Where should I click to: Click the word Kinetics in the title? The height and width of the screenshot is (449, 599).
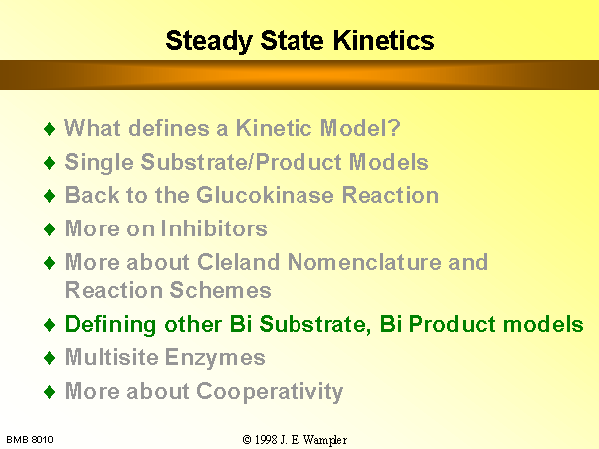tap(384, 40)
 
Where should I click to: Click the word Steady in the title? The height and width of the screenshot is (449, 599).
tap(209, 42)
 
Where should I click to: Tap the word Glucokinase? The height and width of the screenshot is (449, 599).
tap(266, 195)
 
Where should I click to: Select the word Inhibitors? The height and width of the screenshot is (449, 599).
tap(214, 228)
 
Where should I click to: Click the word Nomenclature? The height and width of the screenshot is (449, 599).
tap(364, 262)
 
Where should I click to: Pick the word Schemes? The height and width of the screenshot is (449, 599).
tap(220, 290)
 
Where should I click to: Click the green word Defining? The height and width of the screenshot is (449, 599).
tap(111, 325)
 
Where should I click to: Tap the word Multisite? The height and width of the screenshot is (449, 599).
tap(112, 357)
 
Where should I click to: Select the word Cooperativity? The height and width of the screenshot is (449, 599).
tap(270, 392)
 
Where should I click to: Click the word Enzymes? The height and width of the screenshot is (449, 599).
tap(215, 359)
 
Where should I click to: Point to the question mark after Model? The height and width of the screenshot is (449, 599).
tap(395, 127)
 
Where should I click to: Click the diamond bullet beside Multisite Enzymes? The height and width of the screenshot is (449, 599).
tap(50, 358)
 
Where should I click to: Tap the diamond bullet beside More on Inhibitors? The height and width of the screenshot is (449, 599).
tap(50, 229)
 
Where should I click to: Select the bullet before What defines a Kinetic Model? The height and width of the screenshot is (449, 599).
tap(50, 128)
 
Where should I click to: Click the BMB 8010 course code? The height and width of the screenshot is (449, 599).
tap(30, 440)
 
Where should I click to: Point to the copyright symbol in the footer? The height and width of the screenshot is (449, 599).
tap(247, 440)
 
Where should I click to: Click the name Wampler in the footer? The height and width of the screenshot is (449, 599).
tap(325, 440)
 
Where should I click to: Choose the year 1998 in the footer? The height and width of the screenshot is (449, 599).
tap(266, 440)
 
